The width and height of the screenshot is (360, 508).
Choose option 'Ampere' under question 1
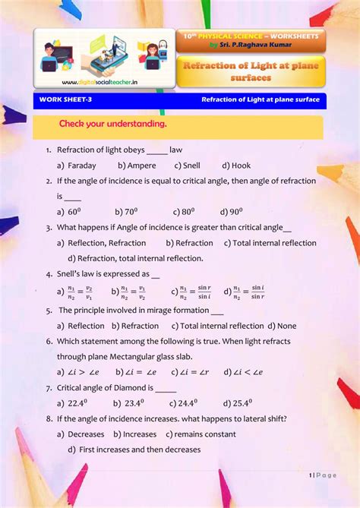coord(141,166)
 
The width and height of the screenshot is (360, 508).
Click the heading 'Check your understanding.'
coord(112,124)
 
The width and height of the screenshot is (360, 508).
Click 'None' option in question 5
coord(286,326)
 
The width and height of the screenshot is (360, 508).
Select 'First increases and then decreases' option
coord(139,450)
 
